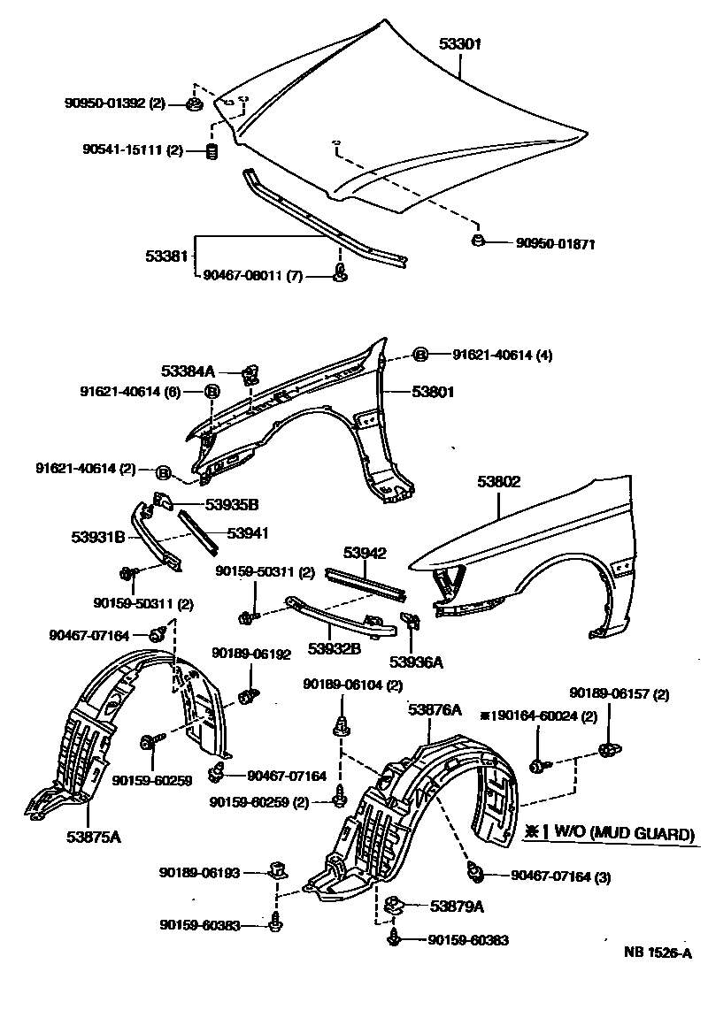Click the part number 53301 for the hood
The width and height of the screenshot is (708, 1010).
tap(460, 43)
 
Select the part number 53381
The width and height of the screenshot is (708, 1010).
tap(166, 256)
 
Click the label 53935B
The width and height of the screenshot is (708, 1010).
tap(232, 505)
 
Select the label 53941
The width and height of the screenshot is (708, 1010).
tap(248, 533)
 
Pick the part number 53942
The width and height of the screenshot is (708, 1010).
tap(366, 554)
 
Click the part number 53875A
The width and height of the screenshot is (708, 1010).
tap(91, 833)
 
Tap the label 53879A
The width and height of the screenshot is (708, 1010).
tap(458, 906)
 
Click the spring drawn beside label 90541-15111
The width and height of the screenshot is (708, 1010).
tap(212, 151)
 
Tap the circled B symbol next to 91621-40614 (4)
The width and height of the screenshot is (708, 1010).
tap(420, 356)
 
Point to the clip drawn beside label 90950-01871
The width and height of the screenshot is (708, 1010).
tap(479, 241)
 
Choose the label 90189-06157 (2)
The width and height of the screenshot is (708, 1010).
tap(619, 693)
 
